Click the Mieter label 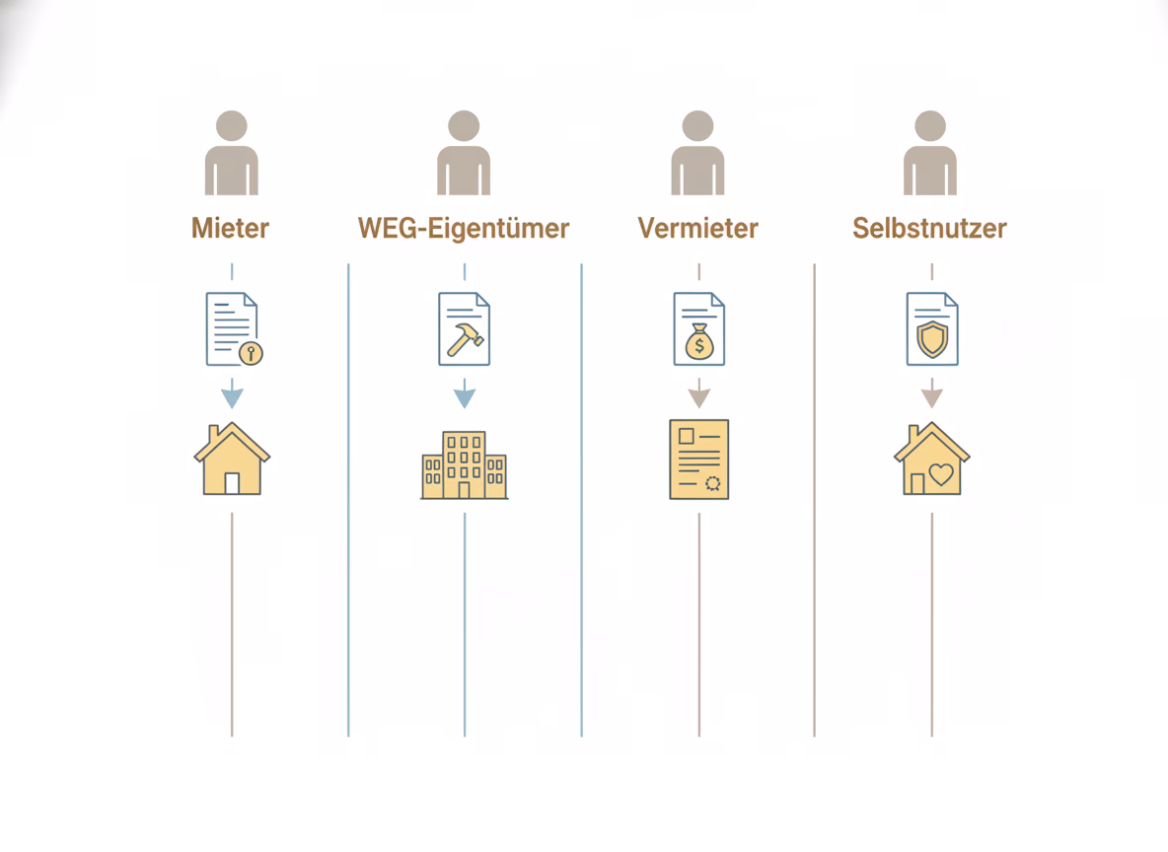pyautogui.click(x=230, y=228)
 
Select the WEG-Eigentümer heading pyautogui.click(x=464, y=228)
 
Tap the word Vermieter pyautogui.click(x=698, y=228)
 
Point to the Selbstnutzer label pyautogui.click(x=929, y=228)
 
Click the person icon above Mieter pyautogui.click(x=232, y=153)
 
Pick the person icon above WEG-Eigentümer pyautogui.click(x=464, y=153)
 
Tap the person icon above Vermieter pyautogui.click(x=698, y=153)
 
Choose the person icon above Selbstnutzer pyautogui.click(x=930, y=153)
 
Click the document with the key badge pyautogui.click(x=234, y=329)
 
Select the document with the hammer pyautogui.click(x=464, y=329)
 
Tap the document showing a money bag pyautogui.click(x=698, y=329)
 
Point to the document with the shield pyautogui.click(x=932, y=329)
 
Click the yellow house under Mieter pyautogui.click(x=232, y=459)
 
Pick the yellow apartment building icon pyautogui.click(x=464, y=464)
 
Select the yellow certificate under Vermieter pyautogui.click(x=698, y=460)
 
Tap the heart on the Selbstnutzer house pyautogui.click(x=941, y=473)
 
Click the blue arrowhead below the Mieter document pyautogui.click(x=232, y=398)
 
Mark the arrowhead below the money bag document pyautogui.click(x=698, y=398)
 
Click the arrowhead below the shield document pyautogui.click(x=932, y=398)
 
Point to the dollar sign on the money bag pyautogui.click(x=699, y=346)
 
